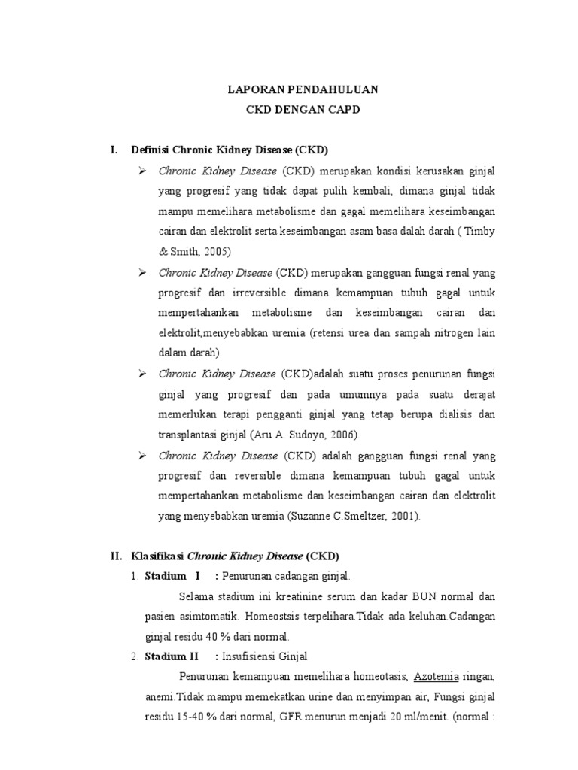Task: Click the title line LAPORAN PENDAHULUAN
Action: click(303, 89)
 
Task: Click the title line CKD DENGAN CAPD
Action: click(303, 110)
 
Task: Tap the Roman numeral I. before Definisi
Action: click(114, 150)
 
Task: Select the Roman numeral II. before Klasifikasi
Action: click(116, 556)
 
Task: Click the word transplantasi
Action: click(186, 435)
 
